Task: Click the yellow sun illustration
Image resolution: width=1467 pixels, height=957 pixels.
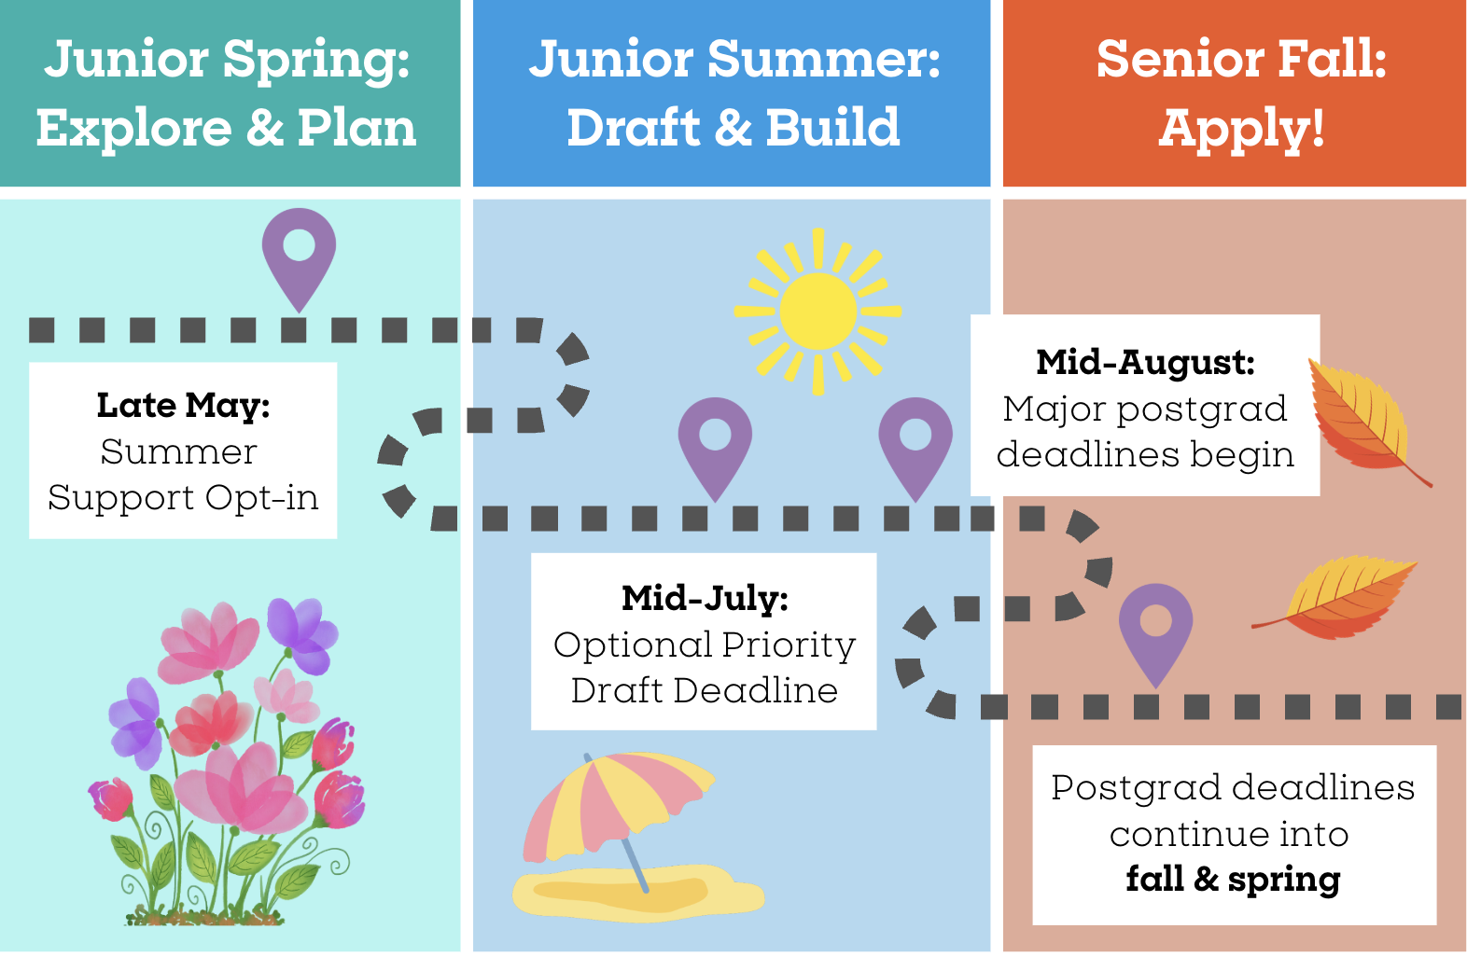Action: point(818,312)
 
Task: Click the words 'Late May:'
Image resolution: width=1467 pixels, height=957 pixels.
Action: point(183,405)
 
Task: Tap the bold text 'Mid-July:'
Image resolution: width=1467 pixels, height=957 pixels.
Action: point(705,598)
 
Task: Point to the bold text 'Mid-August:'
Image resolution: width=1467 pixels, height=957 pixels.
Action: point(1145,362)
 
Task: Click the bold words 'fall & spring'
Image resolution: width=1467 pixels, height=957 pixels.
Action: point(1233,879)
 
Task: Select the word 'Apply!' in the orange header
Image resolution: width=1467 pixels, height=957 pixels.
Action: point(1241,129)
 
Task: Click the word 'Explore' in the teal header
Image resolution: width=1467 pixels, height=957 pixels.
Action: point(133,128)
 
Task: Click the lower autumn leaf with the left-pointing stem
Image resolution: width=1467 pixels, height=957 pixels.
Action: point(1336,597)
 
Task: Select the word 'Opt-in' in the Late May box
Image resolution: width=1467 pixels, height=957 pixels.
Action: point(261,498)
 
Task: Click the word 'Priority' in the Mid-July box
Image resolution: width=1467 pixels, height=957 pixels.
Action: point(789,645)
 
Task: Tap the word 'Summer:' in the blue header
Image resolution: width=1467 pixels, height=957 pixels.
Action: point(824,58)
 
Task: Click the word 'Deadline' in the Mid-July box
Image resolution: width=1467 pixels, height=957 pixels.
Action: point(756,690)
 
